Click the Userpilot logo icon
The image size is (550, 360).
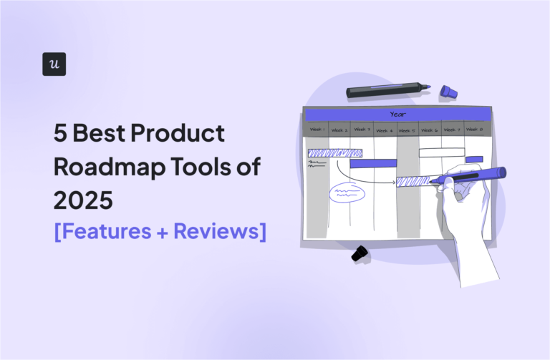click(54, 64)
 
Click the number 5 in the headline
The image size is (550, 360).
click(60, 135)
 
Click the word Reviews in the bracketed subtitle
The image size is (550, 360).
click(220, 232)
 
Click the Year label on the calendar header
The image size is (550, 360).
click(397, 115)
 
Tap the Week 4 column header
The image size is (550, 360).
click(384, 130)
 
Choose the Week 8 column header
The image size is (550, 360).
click(473, 130)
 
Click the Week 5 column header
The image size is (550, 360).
click(406, 130)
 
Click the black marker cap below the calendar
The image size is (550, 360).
click(360, 253)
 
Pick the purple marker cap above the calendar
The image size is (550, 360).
click(448, 91)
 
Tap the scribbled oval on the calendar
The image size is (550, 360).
click(342, 193)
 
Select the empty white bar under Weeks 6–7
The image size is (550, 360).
click(441, 152)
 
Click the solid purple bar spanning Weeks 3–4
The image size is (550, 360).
click(373, 163)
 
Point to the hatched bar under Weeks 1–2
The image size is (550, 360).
click(334, 152)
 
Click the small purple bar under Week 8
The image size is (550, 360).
click(474, 160)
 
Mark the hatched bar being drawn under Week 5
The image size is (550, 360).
click(413, 181)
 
